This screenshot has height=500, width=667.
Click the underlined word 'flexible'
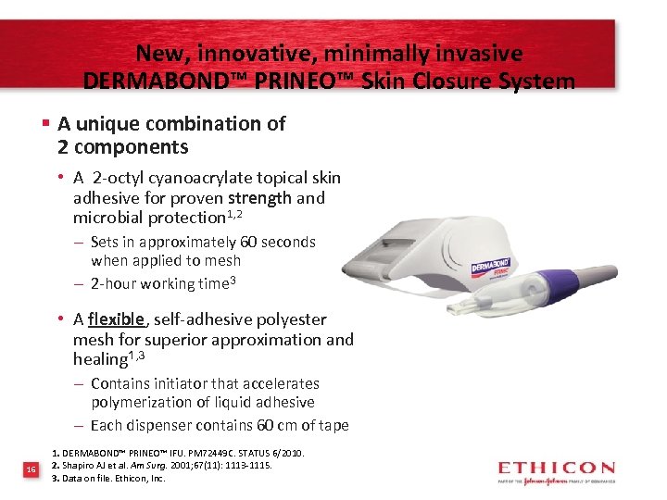coord(117,319)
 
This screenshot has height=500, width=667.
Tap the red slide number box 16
coord(31,470)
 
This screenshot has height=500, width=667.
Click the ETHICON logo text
coord(556,468)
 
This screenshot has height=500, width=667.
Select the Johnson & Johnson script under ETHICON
coord(546,481)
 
